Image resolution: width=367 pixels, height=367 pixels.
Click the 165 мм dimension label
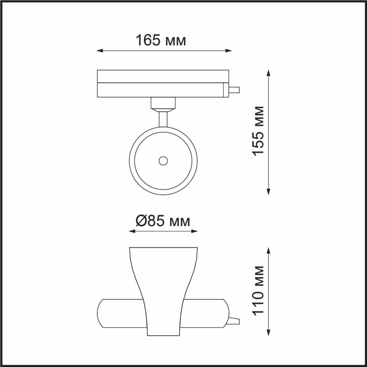pyautogui.click(x=161, y=40)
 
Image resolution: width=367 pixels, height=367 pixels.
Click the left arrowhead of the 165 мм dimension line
pyautogui.click(x=99, y=50)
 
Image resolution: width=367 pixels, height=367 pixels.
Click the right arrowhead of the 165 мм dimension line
pyautogui.click(x=229, y=50)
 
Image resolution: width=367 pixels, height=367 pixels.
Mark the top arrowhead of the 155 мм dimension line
pyautogui.click(x=268, y=73)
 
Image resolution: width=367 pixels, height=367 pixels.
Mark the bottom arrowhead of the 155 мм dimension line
pyautogui.click(x=268, y=192)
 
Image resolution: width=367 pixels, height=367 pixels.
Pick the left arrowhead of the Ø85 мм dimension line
pyautogui.click(x=132, y=231)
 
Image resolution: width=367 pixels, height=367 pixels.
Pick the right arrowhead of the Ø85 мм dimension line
pyautogui.click(x=194, y=231)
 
